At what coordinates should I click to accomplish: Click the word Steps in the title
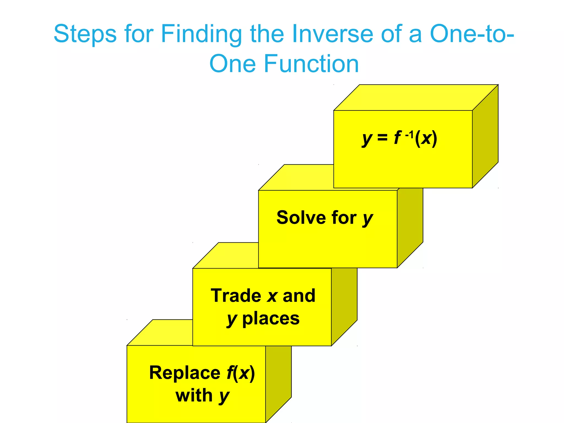pyautogui.click(x=85, y=34)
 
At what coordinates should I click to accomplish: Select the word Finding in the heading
pyautogui.click(x=201, y=34)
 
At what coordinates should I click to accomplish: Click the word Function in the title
pyautogui.click(x=311, y=64)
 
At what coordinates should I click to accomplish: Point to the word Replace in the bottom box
pyautogui.click(x=185, y=373)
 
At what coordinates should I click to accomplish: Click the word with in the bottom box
pyautogui.click(x=194, y=395)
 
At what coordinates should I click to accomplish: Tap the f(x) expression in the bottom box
pyautogui.click(x=241, y=373)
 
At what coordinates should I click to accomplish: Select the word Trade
pyautogui.click(x=236, y=296)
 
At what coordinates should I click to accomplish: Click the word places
pyautogui.click(x=271, y=319)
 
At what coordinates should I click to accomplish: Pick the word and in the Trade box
pyautogui.click(x=299, y=296)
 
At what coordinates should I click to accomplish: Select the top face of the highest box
pyautogui.click(x=416, y=97)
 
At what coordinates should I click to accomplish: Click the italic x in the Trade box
pyautogui.click(x=272, y=296)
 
